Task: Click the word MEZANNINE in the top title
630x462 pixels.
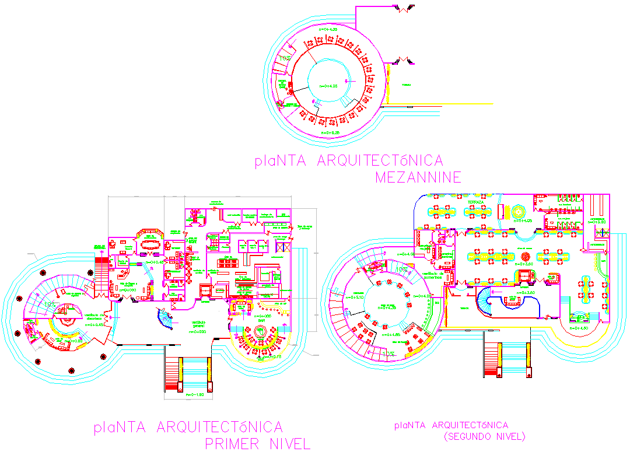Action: pos(418,177)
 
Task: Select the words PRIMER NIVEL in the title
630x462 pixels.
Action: pos(257,444)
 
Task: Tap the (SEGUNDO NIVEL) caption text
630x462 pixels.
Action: pos(484,436)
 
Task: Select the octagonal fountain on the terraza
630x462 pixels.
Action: pos(518,211)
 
